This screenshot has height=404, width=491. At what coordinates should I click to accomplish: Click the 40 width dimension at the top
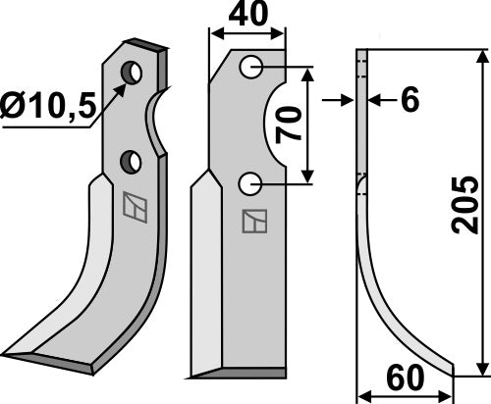249,18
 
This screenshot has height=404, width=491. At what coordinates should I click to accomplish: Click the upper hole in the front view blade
250,67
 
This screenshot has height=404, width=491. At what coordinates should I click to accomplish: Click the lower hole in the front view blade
250,180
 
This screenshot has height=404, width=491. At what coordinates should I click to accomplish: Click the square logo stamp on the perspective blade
133,207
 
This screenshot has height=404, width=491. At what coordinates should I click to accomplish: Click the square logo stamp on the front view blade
252,222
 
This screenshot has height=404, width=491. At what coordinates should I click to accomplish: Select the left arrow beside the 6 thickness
346,99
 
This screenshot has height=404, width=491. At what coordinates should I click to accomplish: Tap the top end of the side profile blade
360,55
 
